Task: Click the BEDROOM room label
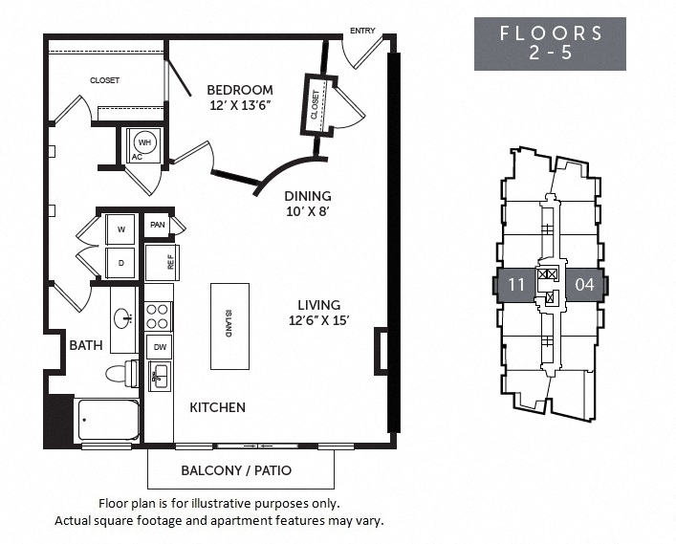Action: click(240, 90)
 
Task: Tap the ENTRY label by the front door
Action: click(362, 31)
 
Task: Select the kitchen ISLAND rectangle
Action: click(229, 326)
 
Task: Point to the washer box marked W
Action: click(121, 229)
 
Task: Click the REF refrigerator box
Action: click(163, 262)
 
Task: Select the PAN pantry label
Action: click(158, 226)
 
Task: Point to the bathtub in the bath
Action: click(108, 420)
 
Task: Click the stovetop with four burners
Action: click(158, 316)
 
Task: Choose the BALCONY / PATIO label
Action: click(236, 470)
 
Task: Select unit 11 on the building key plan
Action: click(516, 284)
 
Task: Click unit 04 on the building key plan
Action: click(585, 284)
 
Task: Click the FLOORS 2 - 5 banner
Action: click(551, 43)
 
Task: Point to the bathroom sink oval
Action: click(123, 318)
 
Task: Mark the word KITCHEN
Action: click(217, 407)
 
